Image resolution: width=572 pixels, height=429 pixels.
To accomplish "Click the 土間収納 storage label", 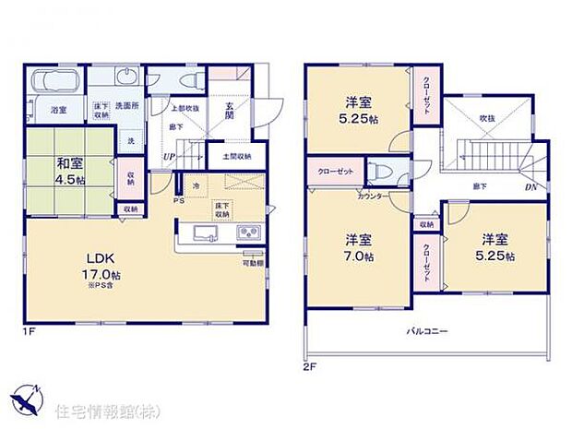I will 237,156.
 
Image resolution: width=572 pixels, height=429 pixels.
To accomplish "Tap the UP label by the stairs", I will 169,157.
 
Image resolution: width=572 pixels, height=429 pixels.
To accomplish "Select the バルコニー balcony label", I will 426,330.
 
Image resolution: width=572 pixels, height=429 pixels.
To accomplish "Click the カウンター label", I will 371,197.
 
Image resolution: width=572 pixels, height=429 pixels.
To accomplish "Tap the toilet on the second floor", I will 379,173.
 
